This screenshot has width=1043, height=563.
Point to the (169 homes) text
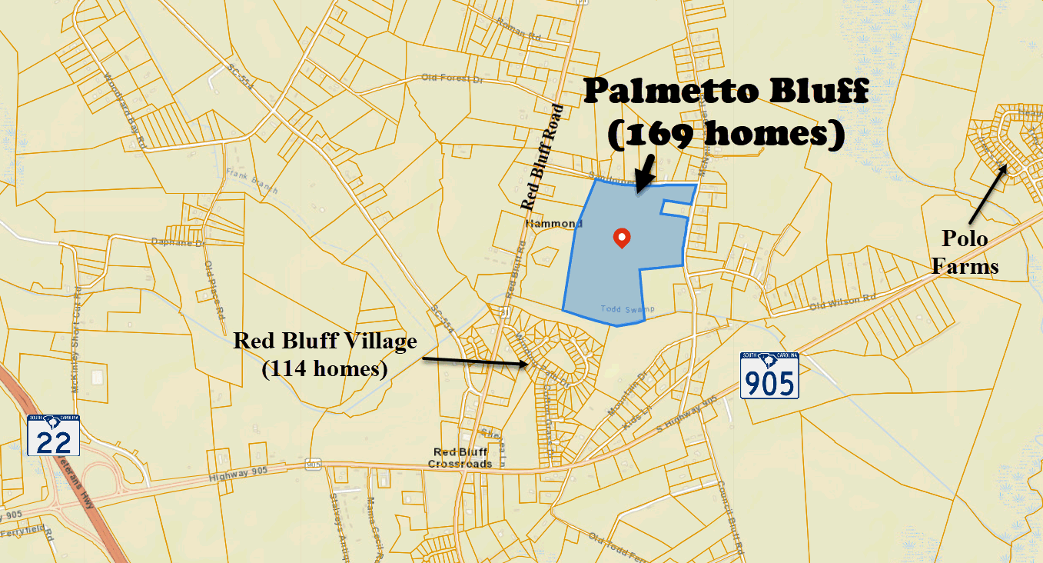[726, 135]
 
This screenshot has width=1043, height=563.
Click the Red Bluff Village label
[325, 341]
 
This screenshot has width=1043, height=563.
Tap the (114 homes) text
[324, 368]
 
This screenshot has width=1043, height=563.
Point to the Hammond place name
[554, 224]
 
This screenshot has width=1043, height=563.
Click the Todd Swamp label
[627, 309]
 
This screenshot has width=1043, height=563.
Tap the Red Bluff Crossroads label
[460, 458]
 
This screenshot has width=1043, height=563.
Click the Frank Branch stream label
[251, 181]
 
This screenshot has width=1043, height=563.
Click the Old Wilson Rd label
[843, 302]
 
